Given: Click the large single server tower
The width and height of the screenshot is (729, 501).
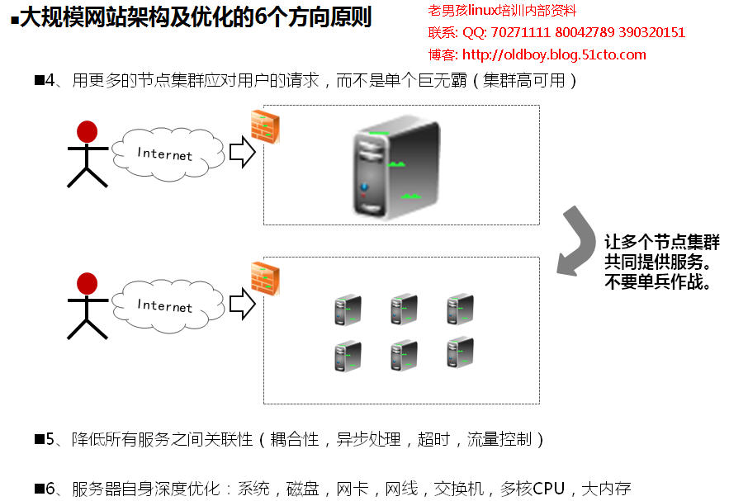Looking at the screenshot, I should pos(395,168).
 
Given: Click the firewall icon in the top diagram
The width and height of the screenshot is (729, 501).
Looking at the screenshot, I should pos(265,125).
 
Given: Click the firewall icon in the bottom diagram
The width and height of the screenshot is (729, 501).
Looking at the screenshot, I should pos(265,278).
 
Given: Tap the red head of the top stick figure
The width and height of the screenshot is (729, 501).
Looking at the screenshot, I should pos(87,131).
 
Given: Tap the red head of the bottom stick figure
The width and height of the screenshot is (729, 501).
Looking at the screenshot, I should pos(87,284).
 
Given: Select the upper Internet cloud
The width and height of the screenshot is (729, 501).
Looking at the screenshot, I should pos(167,154).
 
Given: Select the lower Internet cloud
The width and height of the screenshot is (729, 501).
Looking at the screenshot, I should pos(167,305).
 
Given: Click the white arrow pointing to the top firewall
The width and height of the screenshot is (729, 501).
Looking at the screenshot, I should pos(241,153).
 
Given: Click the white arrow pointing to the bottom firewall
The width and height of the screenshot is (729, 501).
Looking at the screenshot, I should pos(241,304).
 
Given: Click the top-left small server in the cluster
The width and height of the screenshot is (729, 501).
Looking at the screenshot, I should pos(348,310).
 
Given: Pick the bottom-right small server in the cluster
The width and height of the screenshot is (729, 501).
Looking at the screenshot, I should pos(459,353).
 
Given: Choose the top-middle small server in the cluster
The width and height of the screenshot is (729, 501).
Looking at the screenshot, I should pos(403,310).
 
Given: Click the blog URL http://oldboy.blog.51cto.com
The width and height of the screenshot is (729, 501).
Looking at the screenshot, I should pos(554,55).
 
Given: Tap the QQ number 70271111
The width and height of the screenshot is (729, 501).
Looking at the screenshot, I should pos(515,33).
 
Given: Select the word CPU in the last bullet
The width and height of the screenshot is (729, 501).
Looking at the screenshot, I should pos(548,489).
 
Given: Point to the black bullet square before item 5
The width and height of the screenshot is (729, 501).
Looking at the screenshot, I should pos(38,439).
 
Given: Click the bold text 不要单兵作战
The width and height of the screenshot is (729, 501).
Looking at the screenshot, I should pos(658,281).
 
